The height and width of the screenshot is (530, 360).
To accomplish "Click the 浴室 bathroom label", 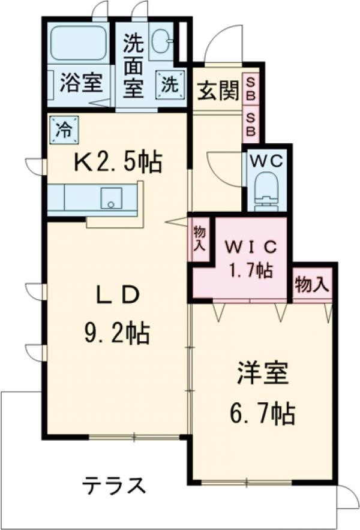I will coord(79,82).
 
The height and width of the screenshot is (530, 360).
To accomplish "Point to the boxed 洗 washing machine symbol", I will coord(168,83).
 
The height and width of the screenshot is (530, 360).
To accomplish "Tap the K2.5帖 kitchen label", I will coord(118,161).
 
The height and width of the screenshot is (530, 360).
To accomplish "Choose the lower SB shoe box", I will coord(251,124).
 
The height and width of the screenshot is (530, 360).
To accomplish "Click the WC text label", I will coord(266,160).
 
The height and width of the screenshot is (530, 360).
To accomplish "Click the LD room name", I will coord(118,294).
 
